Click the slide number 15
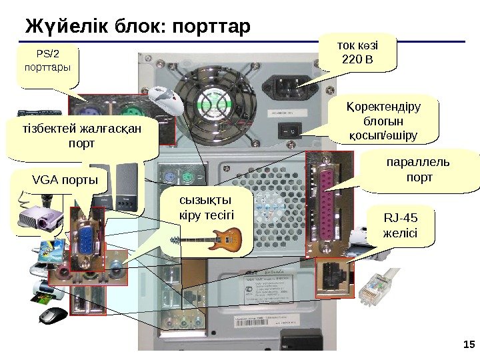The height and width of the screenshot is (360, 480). (x=467, y=344)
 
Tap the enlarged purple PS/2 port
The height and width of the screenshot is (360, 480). (x=93, y=111)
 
